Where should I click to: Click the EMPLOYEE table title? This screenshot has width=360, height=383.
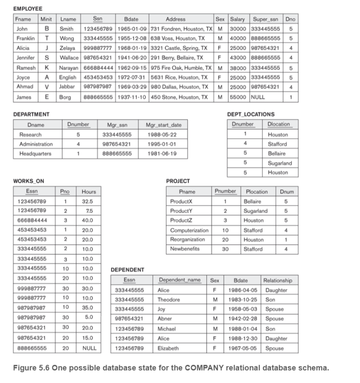click(28, 8)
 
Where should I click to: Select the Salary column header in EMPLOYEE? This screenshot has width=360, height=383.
click(237, 19)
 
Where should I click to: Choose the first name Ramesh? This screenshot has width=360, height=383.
click(25, 68)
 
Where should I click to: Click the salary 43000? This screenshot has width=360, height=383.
click(237, 58)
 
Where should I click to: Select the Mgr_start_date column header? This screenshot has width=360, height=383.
click(163, 125)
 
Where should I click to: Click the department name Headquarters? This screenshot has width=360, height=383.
click(35, 154)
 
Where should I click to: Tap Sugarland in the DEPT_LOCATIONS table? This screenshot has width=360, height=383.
click(279, 163)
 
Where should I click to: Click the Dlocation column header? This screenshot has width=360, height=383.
click(278, 124)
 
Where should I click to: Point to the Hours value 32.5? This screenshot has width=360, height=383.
click(87, 201)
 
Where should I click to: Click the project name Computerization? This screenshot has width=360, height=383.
click(189, 230)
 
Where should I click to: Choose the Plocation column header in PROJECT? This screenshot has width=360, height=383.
click(256, 192)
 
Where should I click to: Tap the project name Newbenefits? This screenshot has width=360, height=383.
click(185, 249)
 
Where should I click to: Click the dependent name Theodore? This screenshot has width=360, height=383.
click(169, 299)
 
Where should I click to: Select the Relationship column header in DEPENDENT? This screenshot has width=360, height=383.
click(278, 280)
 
